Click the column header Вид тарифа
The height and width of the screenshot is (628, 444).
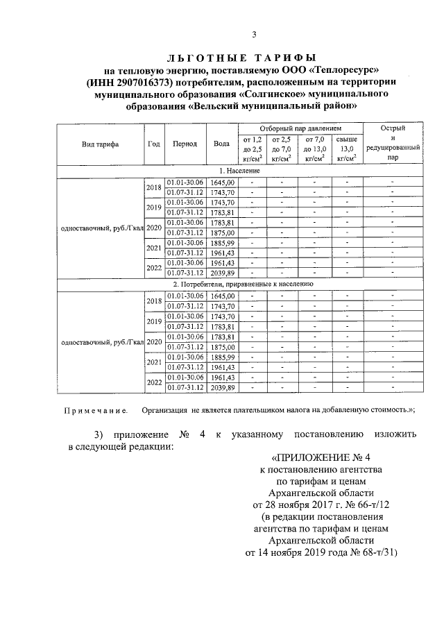click(x=100, y=144)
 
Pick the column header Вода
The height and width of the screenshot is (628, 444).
click(x=222, y=144)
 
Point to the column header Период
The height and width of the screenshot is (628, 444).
click(x=185, y=144)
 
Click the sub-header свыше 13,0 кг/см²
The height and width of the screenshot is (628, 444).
click(x=345, y=148)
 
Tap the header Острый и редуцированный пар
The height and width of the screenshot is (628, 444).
click(x=393, y=143)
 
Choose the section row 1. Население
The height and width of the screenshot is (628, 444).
click(x=239, y=170)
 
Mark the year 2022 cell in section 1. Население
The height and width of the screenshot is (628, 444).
click(x=153, y=268)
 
